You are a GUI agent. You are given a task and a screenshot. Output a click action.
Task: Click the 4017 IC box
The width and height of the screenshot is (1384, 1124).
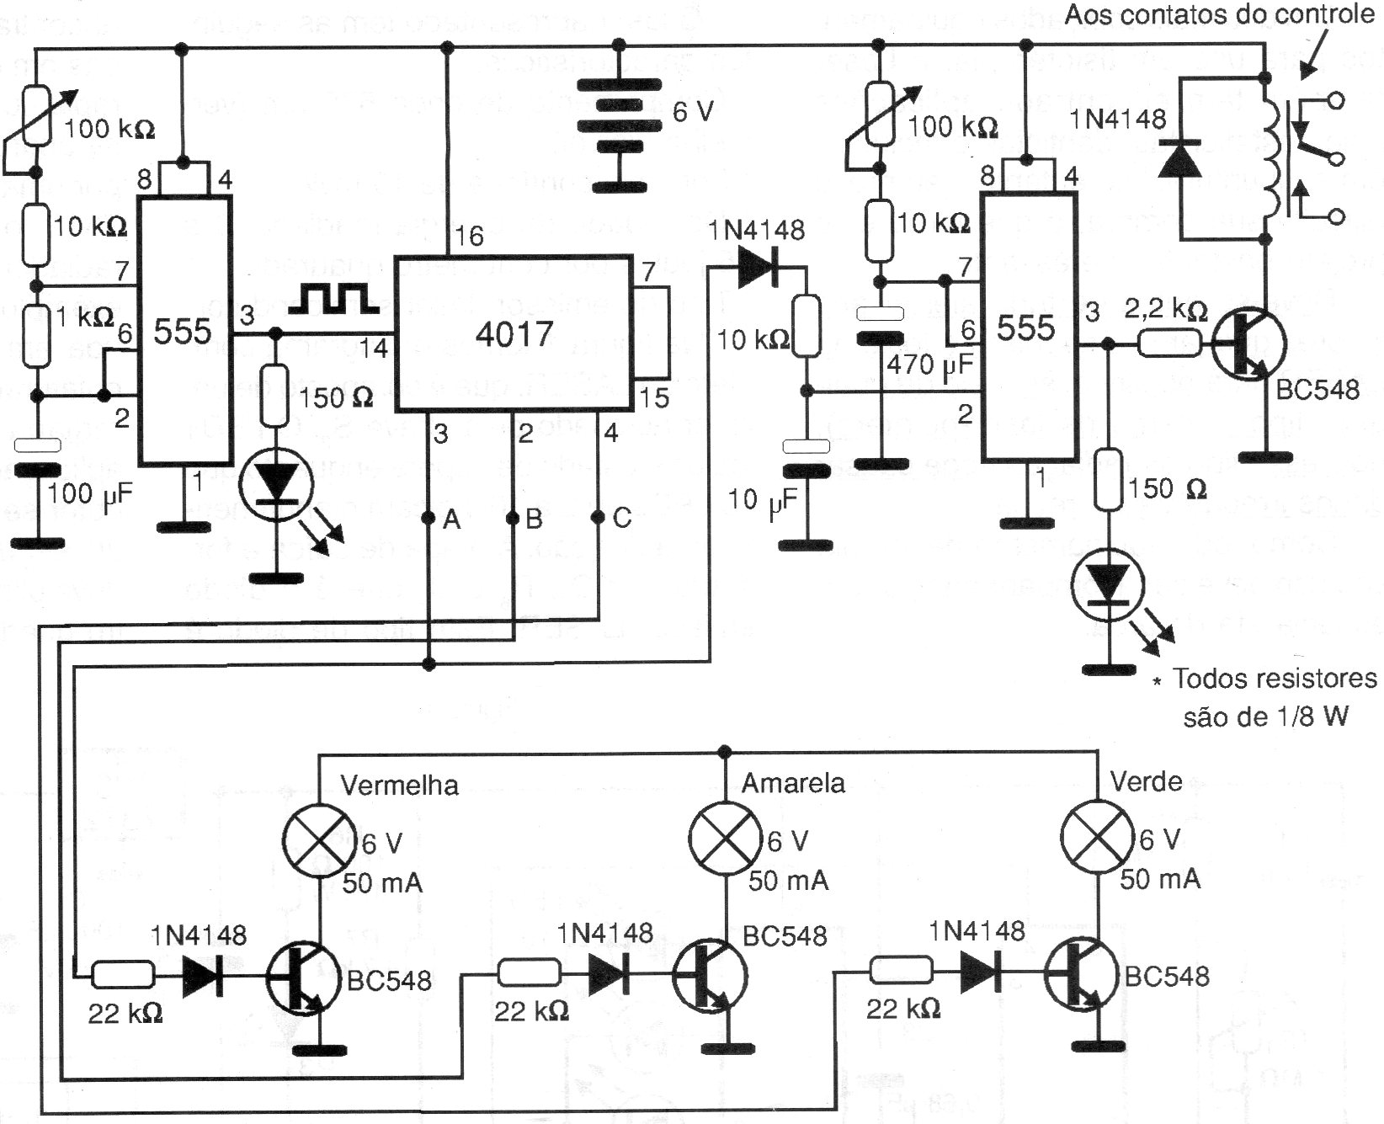[514, 333]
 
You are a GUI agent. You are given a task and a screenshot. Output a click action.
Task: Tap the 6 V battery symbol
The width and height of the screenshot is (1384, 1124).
[619, 126]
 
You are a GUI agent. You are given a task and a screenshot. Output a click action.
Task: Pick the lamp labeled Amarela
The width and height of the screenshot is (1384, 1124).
[725, 839]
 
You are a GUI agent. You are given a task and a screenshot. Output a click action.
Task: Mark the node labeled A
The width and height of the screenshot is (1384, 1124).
[429, 517]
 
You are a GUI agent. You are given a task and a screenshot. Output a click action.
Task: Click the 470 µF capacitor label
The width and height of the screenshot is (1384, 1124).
[929, 365]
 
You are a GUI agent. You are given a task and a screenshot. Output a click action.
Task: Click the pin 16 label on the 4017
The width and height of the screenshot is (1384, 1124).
[470, 237]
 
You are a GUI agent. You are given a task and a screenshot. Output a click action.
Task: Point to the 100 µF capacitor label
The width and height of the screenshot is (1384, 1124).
[89, 495]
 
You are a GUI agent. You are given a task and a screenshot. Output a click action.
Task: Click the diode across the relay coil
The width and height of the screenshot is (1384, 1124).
[1182, 157]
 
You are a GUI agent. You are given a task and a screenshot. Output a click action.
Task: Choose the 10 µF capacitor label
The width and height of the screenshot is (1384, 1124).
[762, 503]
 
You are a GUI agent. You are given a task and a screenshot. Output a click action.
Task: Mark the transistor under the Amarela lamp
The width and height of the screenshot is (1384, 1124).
[710, 974]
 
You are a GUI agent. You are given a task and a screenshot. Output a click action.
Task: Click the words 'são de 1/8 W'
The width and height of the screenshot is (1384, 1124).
[1266, 716]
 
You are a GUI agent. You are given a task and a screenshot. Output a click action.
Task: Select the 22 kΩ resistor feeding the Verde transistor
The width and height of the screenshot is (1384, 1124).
[902, 971]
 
